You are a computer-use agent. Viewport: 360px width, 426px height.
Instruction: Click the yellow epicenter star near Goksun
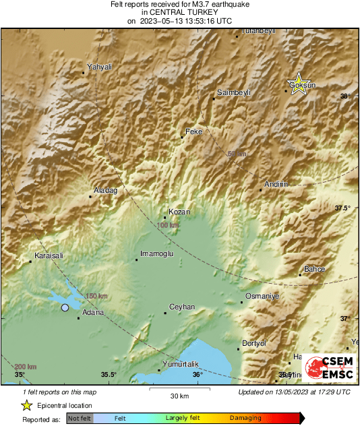298,85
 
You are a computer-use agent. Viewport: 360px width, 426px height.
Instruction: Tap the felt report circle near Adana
65,307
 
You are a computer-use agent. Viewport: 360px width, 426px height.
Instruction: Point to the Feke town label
193,131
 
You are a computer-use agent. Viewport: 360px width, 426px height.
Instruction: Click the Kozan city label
179,212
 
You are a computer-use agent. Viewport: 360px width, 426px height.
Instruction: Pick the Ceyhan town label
181,307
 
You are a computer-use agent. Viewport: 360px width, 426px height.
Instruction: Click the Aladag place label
105,191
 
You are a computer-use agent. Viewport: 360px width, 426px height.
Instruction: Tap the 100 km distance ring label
168,225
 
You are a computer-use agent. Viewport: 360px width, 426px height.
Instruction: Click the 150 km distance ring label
96,296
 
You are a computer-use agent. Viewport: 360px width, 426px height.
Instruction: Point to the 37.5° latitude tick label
343,208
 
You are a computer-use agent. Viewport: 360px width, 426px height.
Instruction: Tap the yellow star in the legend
26,405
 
